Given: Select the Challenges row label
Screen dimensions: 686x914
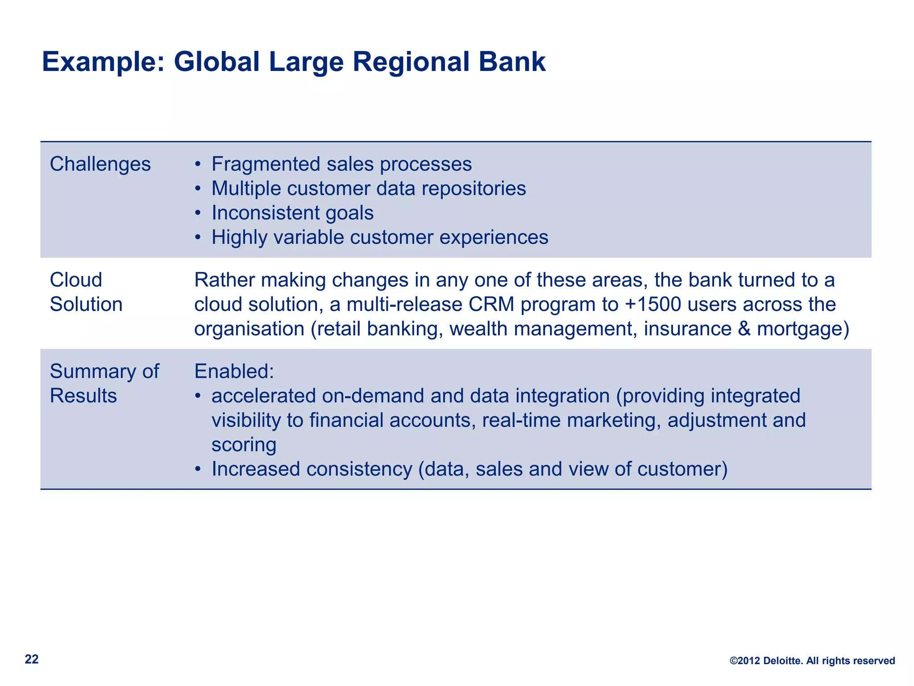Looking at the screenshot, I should [100, 164].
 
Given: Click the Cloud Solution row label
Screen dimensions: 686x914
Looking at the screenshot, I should [86, 292].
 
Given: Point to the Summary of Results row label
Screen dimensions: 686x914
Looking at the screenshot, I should [104, 383].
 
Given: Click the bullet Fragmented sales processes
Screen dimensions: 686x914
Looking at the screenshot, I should [341, 164].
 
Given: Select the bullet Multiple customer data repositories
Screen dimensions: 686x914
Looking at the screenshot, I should [369, 188].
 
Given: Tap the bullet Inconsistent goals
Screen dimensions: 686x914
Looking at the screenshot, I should [292, 213].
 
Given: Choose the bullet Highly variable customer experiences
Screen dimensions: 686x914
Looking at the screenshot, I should [380, 237].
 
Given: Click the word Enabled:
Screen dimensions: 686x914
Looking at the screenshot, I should [234, 372].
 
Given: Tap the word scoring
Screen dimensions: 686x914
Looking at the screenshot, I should [244, 445].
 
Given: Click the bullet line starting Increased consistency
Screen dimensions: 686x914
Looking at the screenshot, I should [469, 469].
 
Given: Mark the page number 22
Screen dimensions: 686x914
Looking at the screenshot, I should [32, 660].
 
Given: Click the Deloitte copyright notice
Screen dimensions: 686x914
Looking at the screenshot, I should [812, 661].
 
